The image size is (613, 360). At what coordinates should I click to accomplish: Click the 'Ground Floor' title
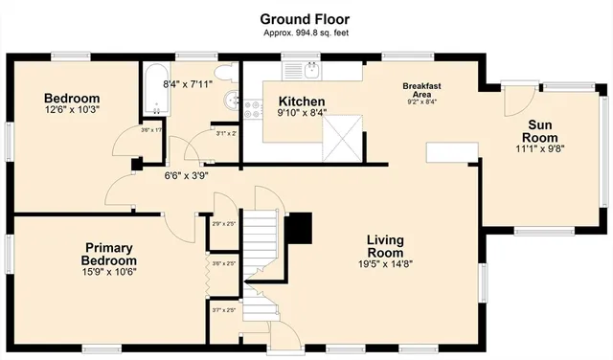306,18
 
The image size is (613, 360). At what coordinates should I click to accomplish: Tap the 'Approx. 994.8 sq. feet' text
306,33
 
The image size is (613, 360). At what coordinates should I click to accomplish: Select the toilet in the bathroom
224,73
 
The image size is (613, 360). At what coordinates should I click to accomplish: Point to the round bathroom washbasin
230,101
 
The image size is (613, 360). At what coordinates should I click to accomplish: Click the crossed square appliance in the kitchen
341,137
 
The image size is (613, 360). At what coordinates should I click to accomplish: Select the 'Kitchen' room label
302,101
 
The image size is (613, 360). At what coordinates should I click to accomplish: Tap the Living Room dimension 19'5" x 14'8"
385,265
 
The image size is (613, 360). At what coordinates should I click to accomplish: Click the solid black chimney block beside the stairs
301,227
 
